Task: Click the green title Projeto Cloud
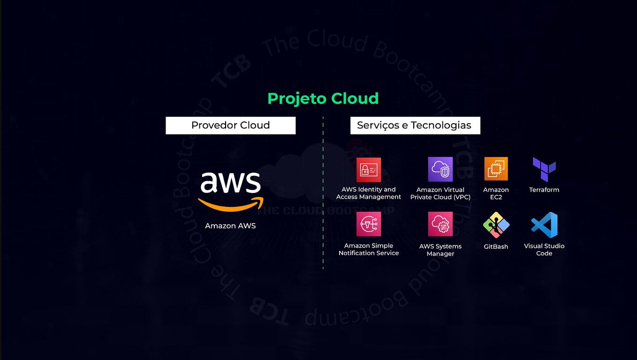coord(323,99)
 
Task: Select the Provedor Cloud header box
coord(231,125)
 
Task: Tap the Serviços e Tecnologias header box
coord(415,125)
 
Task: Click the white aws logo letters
coord(230,183)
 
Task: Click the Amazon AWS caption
coord(230,226)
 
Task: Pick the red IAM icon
coord(369,170)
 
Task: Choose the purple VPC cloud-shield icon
coord(440,169)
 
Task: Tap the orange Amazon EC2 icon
coord(496,169)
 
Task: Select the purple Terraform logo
coord(544,169)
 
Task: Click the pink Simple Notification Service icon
coord(369,224)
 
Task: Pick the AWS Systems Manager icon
coord(440,224)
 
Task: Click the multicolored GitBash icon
coord(496,225)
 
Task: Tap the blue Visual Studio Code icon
coord(544,225)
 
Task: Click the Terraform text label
coord(544,190)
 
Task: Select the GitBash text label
coord(496,247)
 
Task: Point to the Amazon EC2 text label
coord(496,194)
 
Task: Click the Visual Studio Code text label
coord(544,250)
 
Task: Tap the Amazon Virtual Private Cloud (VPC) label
coord(440,194)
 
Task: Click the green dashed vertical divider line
coord(323,193)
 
